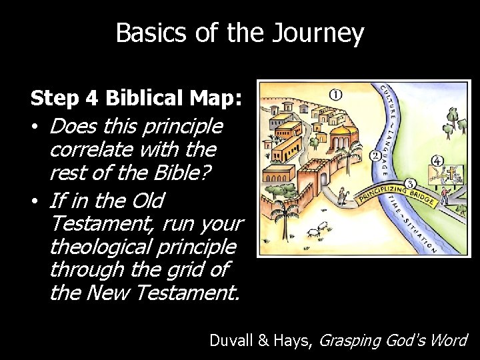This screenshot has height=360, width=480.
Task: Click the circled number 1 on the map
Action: click(x=336, y=95)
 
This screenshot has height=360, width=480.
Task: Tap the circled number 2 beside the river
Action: click(x=375, y=156)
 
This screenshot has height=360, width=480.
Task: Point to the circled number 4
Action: click(x=437, y=161)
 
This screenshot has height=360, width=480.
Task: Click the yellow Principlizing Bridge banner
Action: click(x=396, y=197)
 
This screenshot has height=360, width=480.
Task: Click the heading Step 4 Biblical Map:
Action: click(x=137, y=99)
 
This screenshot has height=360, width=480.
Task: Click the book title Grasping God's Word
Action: click(x=393, y=340)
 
